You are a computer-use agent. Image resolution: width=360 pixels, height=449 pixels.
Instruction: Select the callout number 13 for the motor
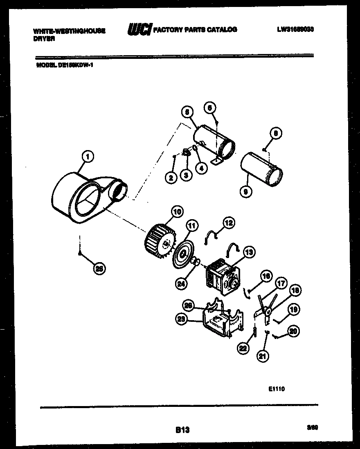(248, 251)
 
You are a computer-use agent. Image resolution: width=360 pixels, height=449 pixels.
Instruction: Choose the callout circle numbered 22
(243, 348)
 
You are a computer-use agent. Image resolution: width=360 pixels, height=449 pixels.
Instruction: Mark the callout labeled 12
(229, 223)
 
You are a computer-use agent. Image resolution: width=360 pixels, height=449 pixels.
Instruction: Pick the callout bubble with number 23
(182, 320)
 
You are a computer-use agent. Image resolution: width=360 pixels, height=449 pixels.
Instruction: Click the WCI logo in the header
(139, 30)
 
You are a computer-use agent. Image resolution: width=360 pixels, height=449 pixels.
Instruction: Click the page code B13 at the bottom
(182, 430)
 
